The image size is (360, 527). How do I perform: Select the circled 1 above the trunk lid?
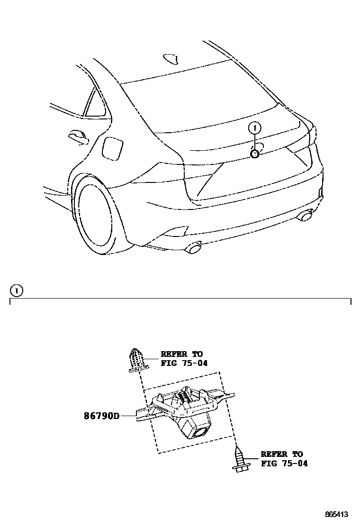tap(255, 127)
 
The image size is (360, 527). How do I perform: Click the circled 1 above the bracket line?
tap(17, 290)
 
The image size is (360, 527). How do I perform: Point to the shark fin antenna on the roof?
tap(171, 58)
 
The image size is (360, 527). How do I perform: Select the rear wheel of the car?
tap(97, 216)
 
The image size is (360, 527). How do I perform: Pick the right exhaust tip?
tap(305, 217)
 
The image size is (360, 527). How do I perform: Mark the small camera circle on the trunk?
tap(255, 154)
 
